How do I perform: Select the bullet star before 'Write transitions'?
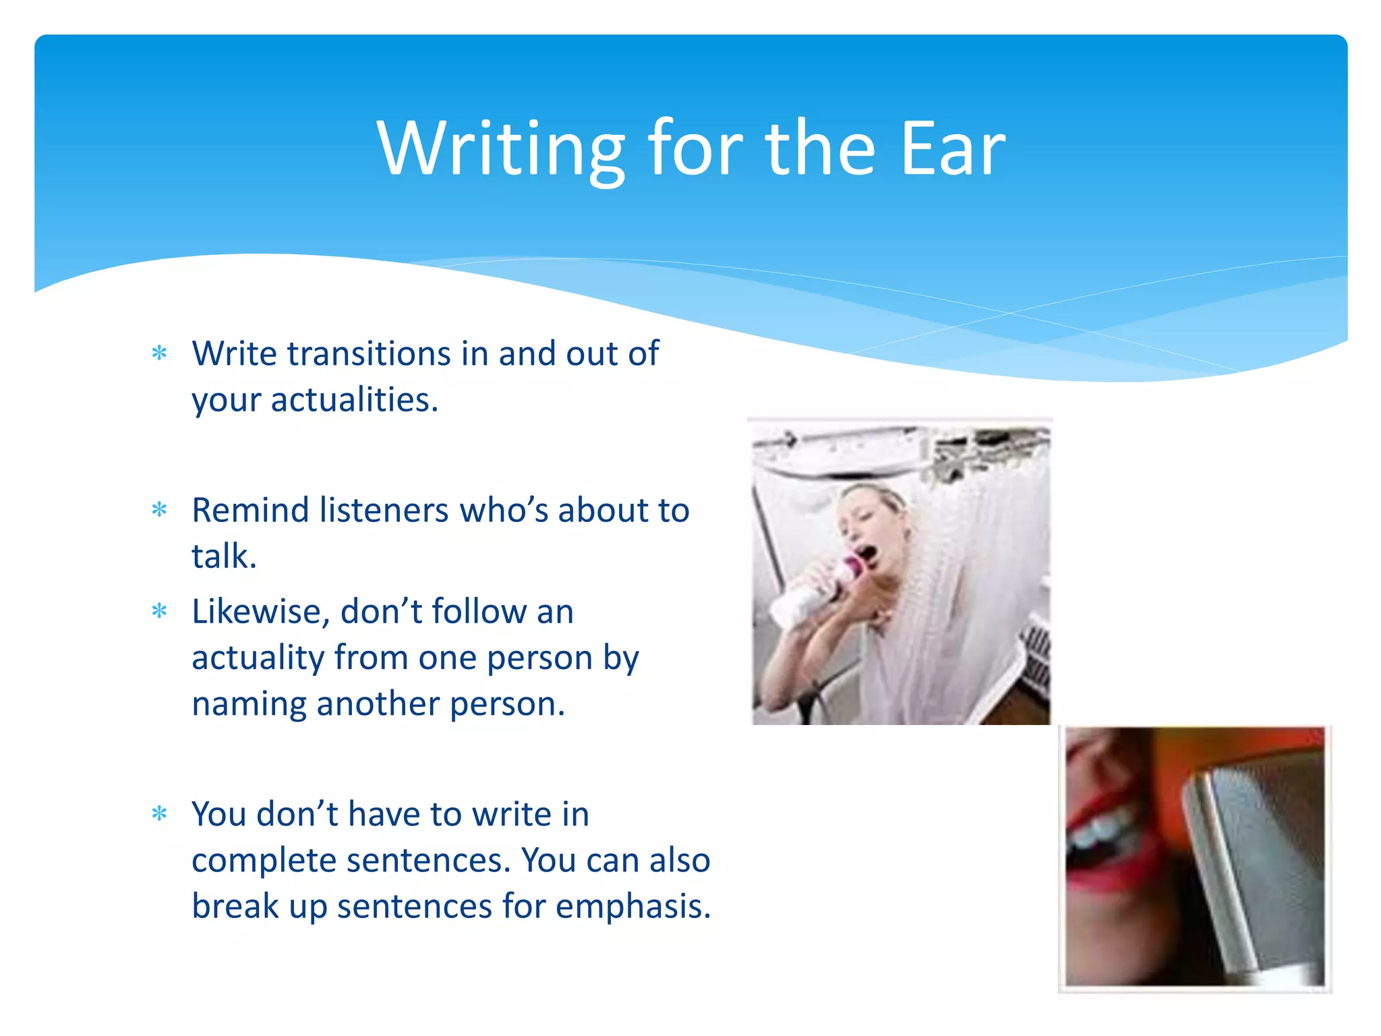(x=159, y=353)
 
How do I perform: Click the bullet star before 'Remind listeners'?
(x=159, y=509)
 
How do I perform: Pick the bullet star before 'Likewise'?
(x=159, y=611)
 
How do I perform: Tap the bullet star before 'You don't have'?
(x=159, y=813)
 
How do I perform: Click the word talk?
(x=223, y=556)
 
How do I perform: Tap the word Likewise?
(x=260, y=612)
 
